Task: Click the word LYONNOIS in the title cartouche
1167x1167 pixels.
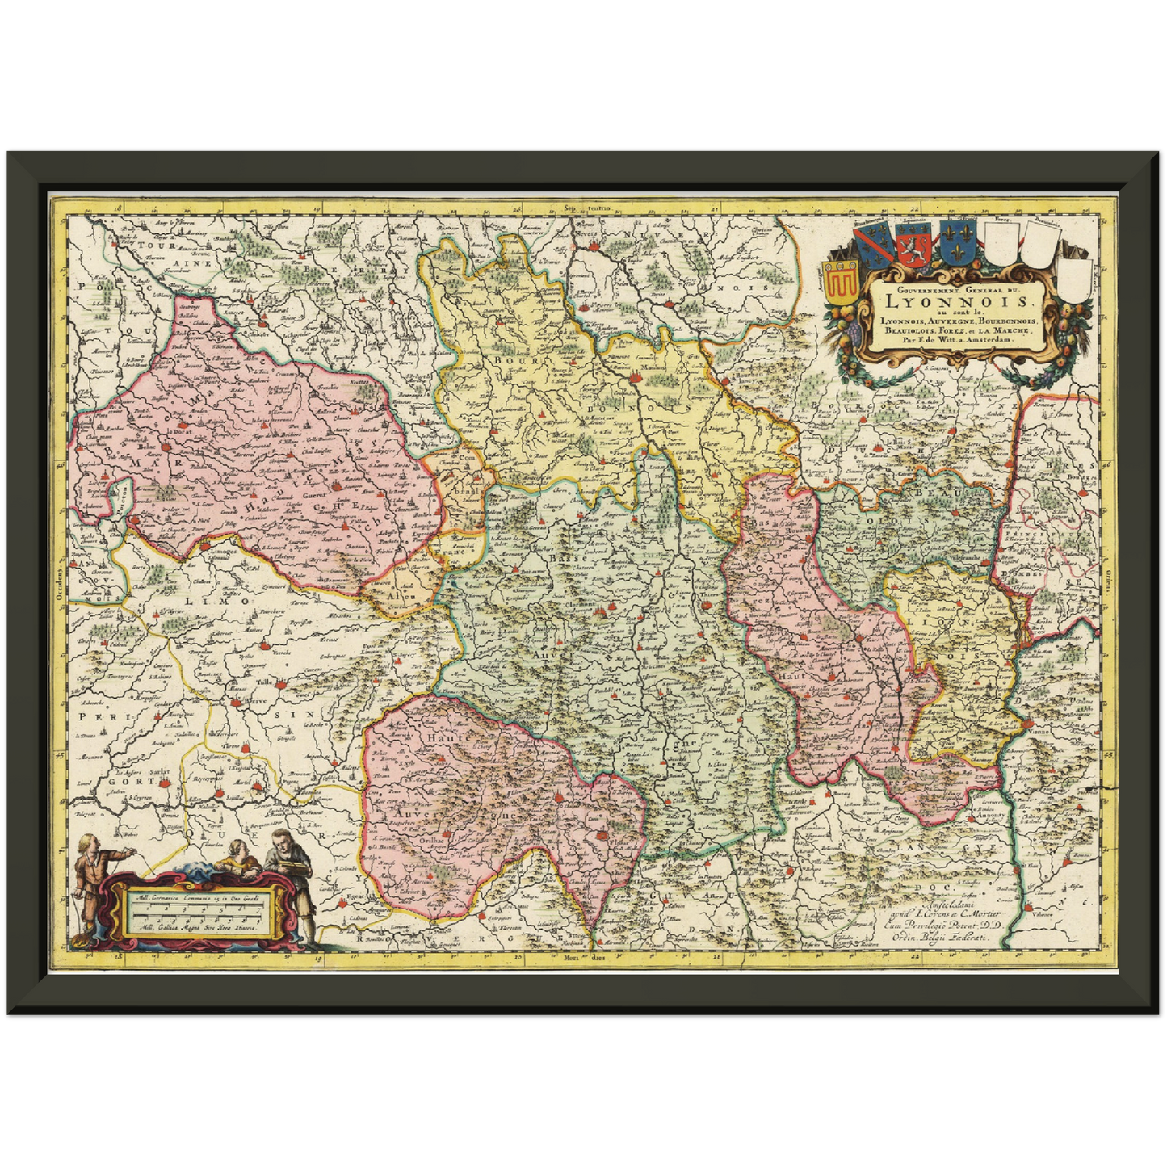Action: (x=958, y=300)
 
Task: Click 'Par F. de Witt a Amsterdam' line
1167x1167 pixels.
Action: (x=958, y=340)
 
